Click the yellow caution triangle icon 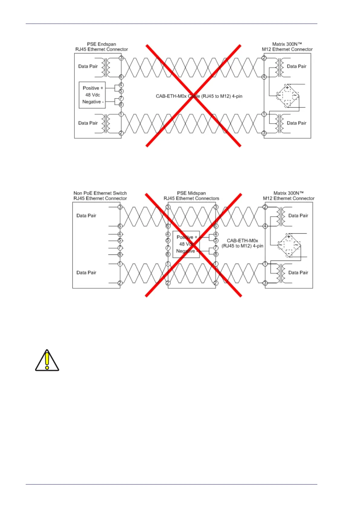47,360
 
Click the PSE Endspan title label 102,47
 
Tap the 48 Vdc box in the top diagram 92,95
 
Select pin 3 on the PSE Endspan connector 121,58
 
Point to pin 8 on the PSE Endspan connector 121,105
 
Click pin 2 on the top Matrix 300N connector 264,58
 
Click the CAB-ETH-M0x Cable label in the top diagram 199,96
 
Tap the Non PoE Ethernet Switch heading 100,196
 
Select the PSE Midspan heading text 191,196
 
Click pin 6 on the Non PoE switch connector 120,226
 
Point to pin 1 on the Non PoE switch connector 120,264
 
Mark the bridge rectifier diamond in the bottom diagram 289,245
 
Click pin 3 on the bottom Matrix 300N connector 265,283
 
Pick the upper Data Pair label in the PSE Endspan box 88,66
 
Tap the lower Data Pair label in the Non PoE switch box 86,272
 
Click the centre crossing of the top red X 194,96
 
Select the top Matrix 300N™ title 287,47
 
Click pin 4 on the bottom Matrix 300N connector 265,226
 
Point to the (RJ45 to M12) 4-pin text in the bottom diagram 242,246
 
